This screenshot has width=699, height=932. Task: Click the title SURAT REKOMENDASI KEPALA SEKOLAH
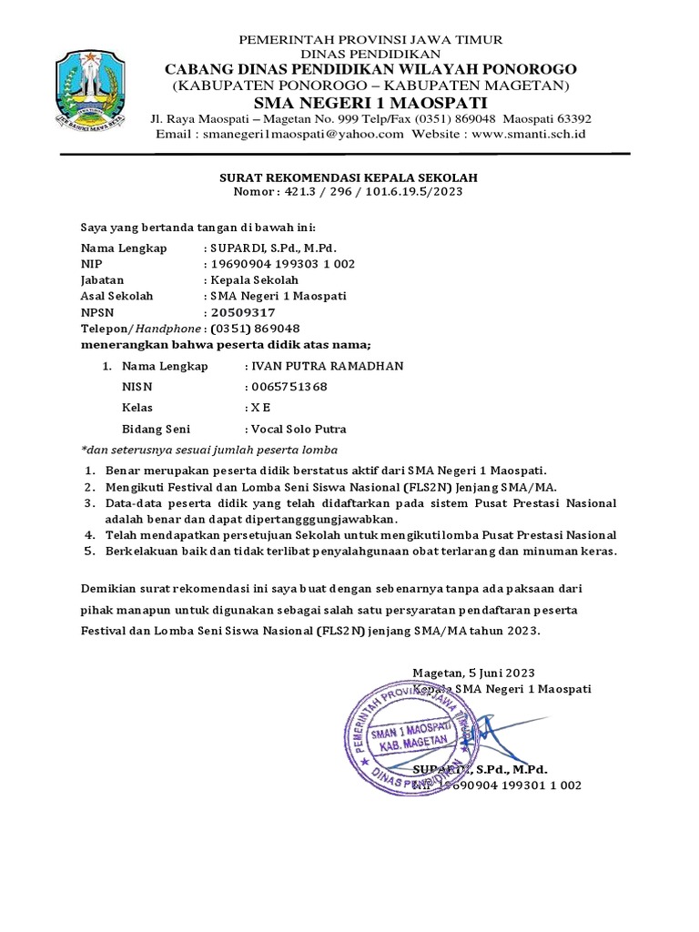350,177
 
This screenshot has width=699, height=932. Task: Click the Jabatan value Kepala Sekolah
253,280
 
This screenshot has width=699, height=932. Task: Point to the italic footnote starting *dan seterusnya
209,450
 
